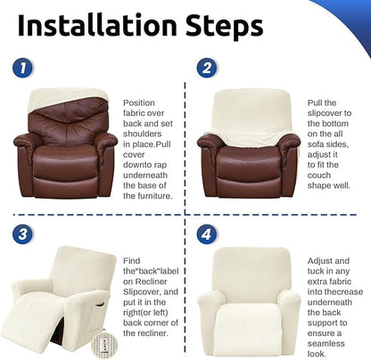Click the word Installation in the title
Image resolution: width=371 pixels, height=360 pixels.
pos(97,25)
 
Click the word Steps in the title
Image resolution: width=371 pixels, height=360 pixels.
pos(225,27)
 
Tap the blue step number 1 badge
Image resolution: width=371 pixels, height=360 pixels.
pos(23,68)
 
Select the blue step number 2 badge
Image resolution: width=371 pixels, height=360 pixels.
pos(207,68)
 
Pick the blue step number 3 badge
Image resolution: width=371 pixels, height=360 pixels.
pos(23,234)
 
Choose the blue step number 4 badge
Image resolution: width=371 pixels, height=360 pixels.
pos(207,234)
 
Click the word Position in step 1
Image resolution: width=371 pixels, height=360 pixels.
pos(139,102)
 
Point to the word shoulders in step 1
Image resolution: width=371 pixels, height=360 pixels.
pos(143,134)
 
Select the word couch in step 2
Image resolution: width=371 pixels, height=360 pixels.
pos(319,175)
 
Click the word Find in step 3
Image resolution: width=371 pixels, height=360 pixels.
pos(132,261)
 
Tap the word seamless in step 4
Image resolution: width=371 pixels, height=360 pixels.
pos(326,343)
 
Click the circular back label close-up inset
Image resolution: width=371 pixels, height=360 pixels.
pos(104,344)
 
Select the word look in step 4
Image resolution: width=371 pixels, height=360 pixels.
pos(317,354)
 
